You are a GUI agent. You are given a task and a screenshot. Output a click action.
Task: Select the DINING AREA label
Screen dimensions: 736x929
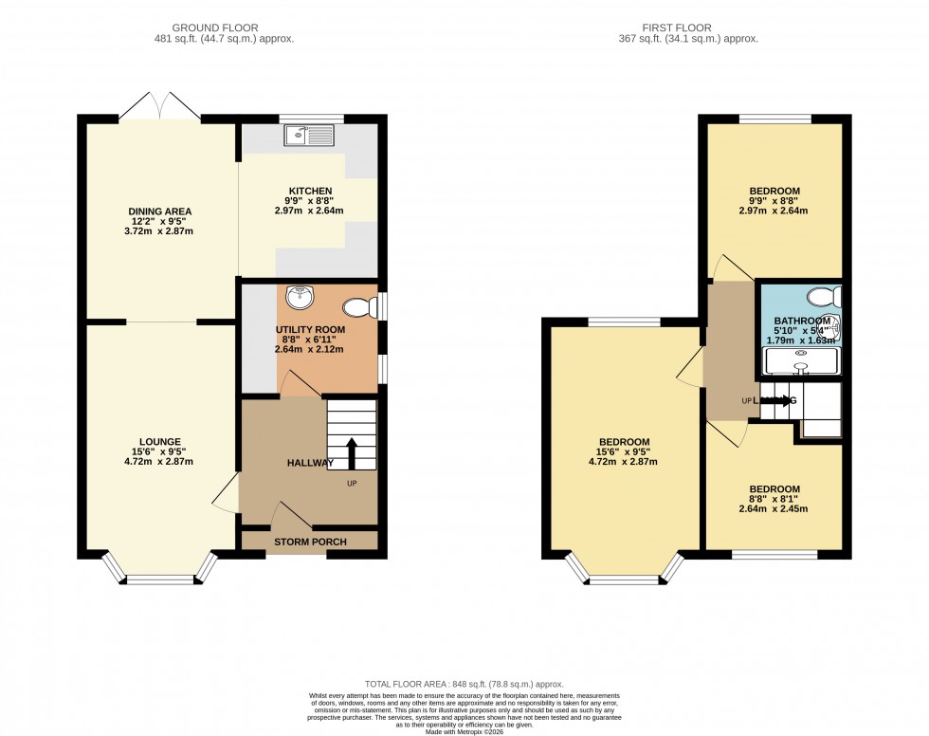[x=160, y=211]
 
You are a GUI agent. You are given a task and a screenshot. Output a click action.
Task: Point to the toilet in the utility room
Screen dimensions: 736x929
[x=359, y=306]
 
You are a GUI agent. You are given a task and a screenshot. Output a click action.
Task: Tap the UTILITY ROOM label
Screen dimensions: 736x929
[x=310, y=329]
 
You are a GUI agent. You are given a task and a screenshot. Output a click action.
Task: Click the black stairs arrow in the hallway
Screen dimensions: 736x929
[x=351, y=453]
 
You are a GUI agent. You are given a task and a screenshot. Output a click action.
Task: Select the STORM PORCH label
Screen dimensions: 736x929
[x=310, y=542]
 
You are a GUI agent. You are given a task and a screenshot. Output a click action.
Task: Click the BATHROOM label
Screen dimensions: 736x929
[x=802, y=321]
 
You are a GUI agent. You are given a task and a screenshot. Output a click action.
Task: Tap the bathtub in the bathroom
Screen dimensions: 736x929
[x=802, y=361]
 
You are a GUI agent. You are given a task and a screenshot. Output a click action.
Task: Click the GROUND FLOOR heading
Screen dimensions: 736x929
[x=224, y=28]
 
